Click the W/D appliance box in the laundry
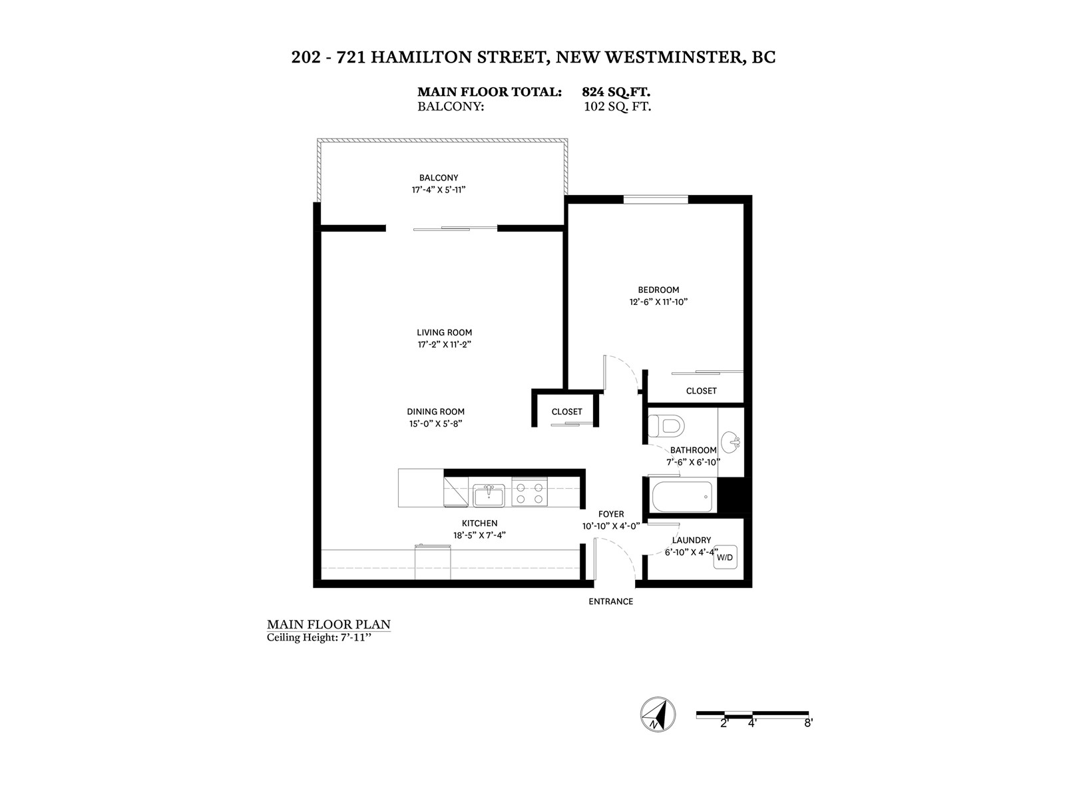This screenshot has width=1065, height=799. [724, 557]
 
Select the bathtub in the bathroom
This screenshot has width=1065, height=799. [682, 497]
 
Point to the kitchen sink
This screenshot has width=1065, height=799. [489, 495]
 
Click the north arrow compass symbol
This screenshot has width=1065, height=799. [657, 715]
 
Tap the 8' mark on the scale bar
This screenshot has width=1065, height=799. [808, 723]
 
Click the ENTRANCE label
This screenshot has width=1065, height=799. [610, 602]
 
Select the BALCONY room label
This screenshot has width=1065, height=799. [439, 178]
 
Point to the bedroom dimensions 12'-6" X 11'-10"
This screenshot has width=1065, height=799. [658, 302]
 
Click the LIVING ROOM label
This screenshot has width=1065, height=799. [444, 332]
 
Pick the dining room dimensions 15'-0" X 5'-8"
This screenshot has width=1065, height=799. [435, 423]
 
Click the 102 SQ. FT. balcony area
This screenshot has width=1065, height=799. [617, 106]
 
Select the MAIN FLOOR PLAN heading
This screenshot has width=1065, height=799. [328, 625]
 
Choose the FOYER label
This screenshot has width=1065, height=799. [610, 514]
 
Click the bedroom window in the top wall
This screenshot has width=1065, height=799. [656, 199]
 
